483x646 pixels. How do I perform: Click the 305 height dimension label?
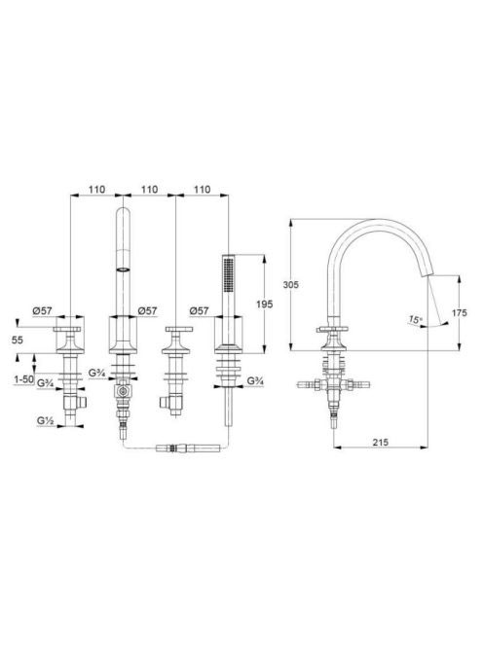click(x=291, y=285)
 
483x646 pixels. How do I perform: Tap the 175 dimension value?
click(x=459, y=313)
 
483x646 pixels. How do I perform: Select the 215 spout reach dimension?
click(x=381, y=442)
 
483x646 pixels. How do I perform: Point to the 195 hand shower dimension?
click(x=265, y=305)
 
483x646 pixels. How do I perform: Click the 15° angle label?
click(x=416, y=319)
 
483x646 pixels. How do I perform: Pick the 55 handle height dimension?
click(x=18, y=340)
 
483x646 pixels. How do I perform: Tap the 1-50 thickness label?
click(x=24, y=379)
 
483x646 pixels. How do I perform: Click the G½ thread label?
click(x=46, y=420)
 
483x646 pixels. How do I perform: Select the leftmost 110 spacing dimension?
click(x=97, y=190)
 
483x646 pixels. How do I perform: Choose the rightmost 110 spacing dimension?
click(x=203, y=190)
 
